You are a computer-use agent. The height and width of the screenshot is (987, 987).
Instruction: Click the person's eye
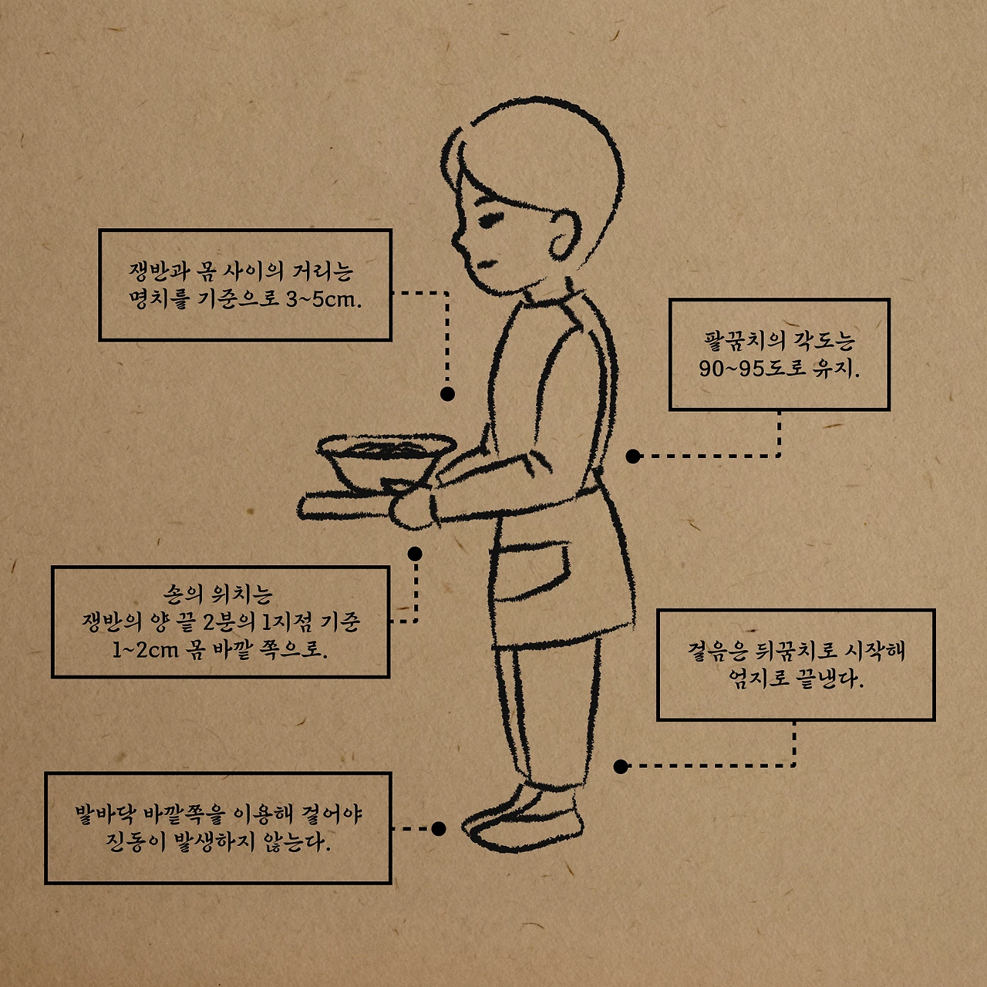coord(489,221)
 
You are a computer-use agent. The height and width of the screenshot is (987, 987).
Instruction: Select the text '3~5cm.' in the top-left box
coord(324,299)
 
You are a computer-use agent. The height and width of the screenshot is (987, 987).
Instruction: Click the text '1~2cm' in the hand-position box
coord(145,651)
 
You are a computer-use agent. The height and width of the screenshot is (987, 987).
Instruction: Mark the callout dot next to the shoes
coord(439,829)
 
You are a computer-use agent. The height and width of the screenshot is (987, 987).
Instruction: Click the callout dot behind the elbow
coord(633,456)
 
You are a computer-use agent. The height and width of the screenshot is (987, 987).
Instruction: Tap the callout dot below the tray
coord(415,554)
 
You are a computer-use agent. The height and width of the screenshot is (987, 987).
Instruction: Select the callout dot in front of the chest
coord(448,394)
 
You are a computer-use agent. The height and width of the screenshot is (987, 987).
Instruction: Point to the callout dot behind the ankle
coord(621,766)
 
